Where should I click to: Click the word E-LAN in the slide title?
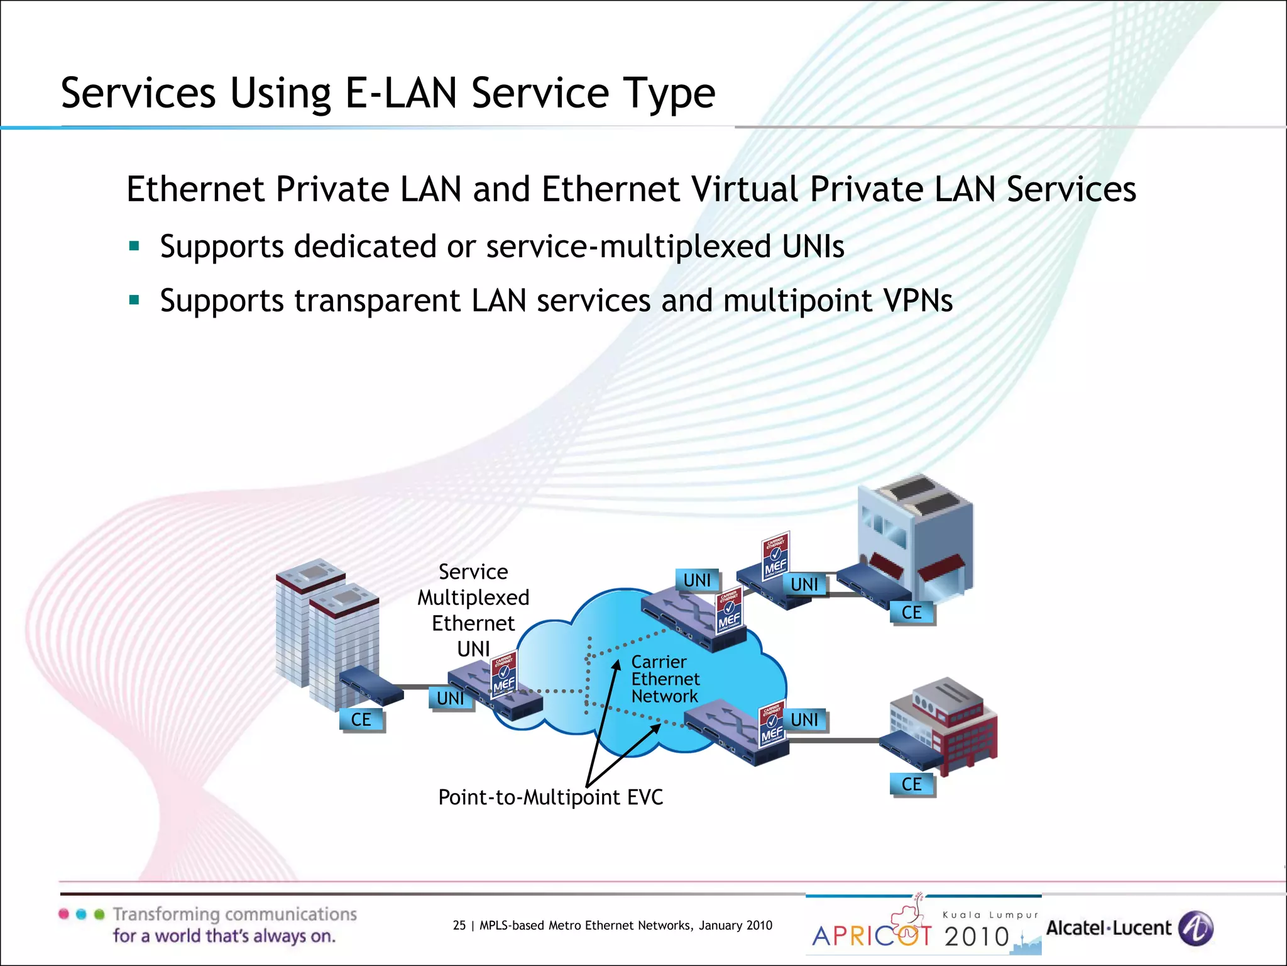(401, 93)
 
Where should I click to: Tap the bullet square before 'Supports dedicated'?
(134, 246)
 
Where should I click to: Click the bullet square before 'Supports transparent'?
(134, 300)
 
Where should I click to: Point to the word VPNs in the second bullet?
(918, 300)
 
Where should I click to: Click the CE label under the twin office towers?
(361, 719)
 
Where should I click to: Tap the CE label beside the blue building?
(912, 613)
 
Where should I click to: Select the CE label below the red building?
(912, 784)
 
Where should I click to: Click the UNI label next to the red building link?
(805, 719)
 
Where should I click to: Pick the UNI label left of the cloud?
(451, 698)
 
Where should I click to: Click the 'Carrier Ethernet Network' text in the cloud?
(665, 679)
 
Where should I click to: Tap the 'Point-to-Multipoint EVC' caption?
(550, 797)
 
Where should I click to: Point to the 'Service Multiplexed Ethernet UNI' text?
(473, 610)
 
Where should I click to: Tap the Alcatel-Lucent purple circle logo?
(1195, 928)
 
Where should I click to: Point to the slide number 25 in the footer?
(459, 925)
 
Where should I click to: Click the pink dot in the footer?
(63, 914)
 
